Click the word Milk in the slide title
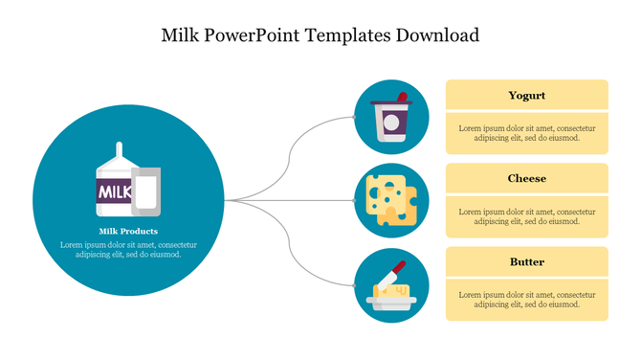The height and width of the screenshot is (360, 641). (182, 35)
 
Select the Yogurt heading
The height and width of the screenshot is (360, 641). (526, 96)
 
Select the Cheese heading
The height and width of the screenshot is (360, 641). (526, 179)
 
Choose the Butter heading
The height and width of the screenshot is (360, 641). (526, 262)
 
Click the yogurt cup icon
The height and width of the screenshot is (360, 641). (390, 121)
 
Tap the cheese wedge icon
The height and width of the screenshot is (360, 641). (390, 200)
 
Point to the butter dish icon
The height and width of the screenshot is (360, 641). (390, 292)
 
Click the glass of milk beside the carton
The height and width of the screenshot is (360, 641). (146, 190)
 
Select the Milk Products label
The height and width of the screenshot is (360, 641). (127, 232)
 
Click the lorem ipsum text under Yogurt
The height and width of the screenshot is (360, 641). (526, 133)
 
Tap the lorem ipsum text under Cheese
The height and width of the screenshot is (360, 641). (526, 215)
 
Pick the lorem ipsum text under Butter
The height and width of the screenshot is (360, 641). (526, 299)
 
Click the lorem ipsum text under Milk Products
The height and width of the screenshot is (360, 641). (127, 249)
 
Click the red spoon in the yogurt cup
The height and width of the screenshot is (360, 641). (402, 98)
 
